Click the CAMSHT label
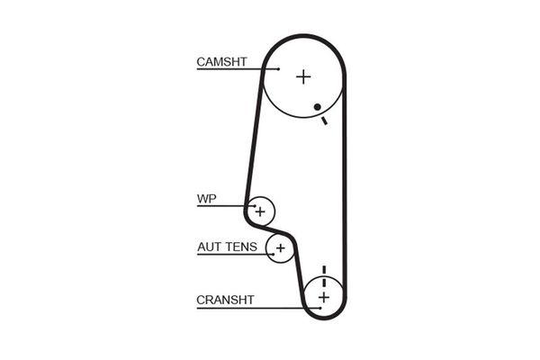221,62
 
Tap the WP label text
207,199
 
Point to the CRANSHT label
225,300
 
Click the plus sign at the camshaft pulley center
303,76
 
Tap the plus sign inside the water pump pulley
260,211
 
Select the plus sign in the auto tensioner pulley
281,247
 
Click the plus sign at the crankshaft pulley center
324,297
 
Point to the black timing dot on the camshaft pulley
317,107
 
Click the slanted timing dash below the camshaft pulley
324,121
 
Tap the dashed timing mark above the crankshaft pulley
324,276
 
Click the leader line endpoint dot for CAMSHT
278,69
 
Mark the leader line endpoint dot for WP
255,206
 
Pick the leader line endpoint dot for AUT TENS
274,254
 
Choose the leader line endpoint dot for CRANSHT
320,308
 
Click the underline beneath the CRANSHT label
258,308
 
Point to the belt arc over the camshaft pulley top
303,36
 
